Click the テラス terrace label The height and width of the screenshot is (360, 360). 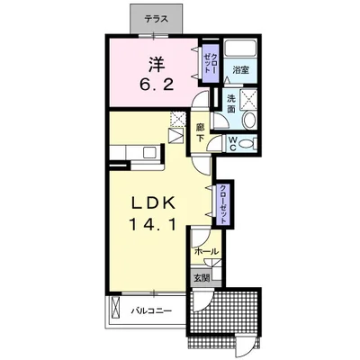pos(156,20)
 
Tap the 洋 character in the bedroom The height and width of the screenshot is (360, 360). pos(157,65)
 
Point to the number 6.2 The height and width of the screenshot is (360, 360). pos(156,85)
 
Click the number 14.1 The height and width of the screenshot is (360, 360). pos(152,225)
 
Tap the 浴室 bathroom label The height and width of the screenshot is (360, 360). pos(240,70)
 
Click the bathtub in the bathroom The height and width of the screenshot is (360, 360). pos(240,47)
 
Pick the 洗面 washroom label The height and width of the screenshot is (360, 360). pos(230,103)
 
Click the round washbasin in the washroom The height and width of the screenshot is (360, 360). pos(249,121)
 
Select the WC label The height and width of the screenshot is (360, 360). pos(233,144)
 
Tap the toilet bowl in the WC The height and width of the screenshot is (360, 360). pos(246,144)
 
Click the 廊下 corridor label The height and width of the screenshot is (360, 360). pos(200,132)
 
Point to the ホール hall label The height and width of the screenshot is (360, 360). pos(206,251)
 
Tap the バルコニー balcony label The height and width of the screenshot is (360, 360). pos(151,310)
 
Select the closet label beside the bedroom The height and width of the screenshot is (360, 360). pos(211,63)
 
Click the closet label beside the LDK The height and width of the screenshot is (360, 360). pos(223,204)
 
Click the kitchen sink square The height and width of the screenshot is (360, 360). pos(148,153)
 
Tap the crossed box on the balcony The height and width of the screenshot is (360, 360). pos(115,309)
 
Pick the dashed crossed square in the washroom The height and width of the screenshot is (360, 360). pos(248,99)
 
